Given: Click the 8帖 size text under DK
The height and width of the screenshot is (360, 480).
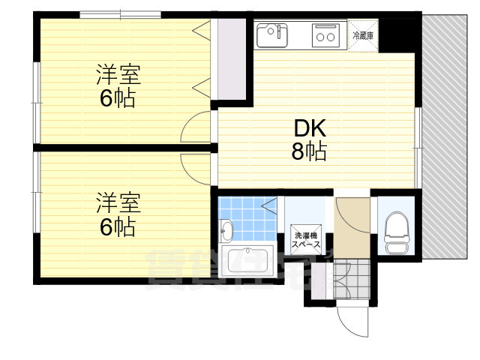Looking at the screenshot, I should point(308,152).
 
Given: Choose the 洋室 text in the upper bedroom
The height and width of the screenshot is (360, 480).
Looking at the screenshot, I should point(118,75).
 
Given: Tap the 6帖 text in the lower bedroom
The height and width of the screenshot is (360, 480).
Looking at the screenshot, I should point(118,226).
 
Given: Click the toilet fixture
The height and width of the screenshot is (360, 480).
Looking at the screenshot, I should point(395,229).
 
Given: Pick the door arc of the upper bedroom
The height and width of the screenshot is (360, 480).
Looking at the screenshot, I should point(196,127).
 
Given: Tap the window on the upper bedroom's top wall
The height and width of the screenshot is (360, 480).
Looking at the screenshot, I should point(120,14).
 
